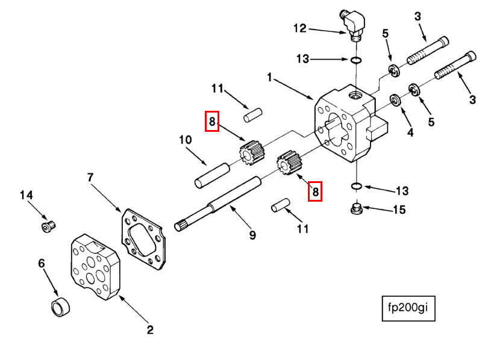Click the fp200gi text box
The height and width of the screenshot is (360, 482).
coord(408,308)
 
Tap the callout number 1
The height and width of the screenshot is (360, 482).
coord(269,78)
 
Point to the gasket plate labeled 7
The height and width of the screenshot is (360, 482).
coord(143,239)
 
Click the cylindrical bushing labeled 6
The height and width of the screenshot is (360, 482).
coord(60,307)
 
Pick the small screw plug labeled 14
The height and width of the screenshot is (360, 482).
coord(48,226)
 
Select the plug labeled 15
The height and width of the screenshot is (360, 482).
coord(357,209)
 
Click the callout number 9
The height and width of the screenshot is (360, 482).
coord(252,235)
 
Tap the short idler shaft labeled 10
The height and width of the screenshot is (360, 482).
coord(212,175)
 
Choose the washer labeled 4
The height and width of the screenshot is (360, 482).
coord(396,101)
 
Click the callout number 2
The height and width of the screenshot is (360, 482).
coord(149,329)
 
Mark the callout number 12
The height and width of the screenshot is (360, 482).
coord(300,28)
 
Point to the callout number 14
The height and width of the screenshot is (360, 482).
coord(26,195)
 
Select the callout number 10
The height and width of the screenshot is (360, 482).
coord(186,140)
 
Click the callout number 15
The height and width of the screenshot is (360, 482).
coord(399,209)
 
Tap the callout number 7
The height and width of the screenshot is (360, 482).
coord(90,177)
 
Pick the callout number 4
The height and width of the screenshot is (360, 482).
coord(410,132)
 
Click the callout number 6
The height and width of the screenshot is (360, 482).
coord(41,263)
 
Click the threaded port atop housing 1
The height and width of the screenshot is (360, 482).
coord(356,96)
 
